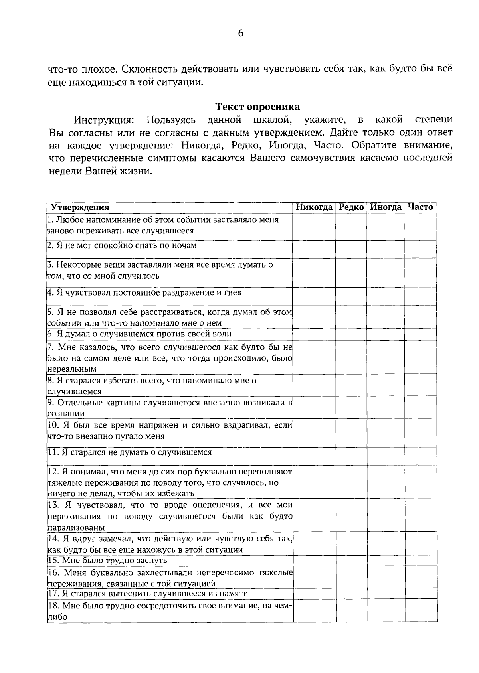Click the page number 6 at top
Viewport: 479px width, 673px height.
(x=240, y=34)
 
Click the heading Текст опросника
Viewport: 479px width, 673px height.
(x=257, y=107)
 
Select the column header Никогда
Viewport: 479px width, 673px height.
(x=314, y=207)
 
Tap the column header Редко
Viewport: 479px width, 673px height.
(x=351, y=207)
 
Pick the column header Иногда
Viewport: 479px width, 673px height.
(x=385, y=207)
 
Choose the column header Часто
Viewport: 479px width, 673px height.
(x=420, y=207)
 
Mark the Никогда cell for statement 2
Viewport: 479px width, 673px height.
(x=314, y=249)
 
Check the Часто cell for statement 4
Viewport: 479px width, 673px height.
(x=420, y=296)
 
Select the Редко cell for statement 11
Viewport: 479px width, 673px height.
(x=351, y=456)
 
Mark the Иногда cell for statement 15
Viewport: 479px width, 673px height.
(x=385, y=561)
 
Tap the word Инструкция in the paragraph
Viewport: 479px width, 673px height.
(x=103, y=120)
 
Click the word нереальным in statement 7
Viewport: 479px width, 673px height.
(x=72, y=369)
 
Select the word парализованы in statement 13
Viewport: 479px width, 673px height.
(x=76, y=527)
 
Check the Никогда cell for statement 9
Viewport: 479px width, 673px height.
(x=314, y=407)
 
